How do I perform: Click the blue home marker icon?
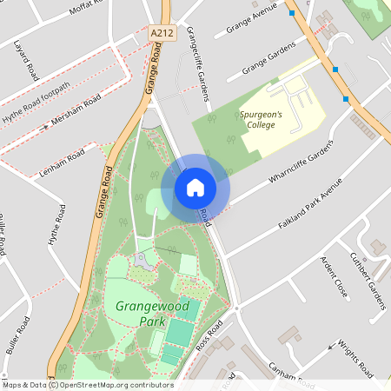pyautogui.click(x=195, y=188)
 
